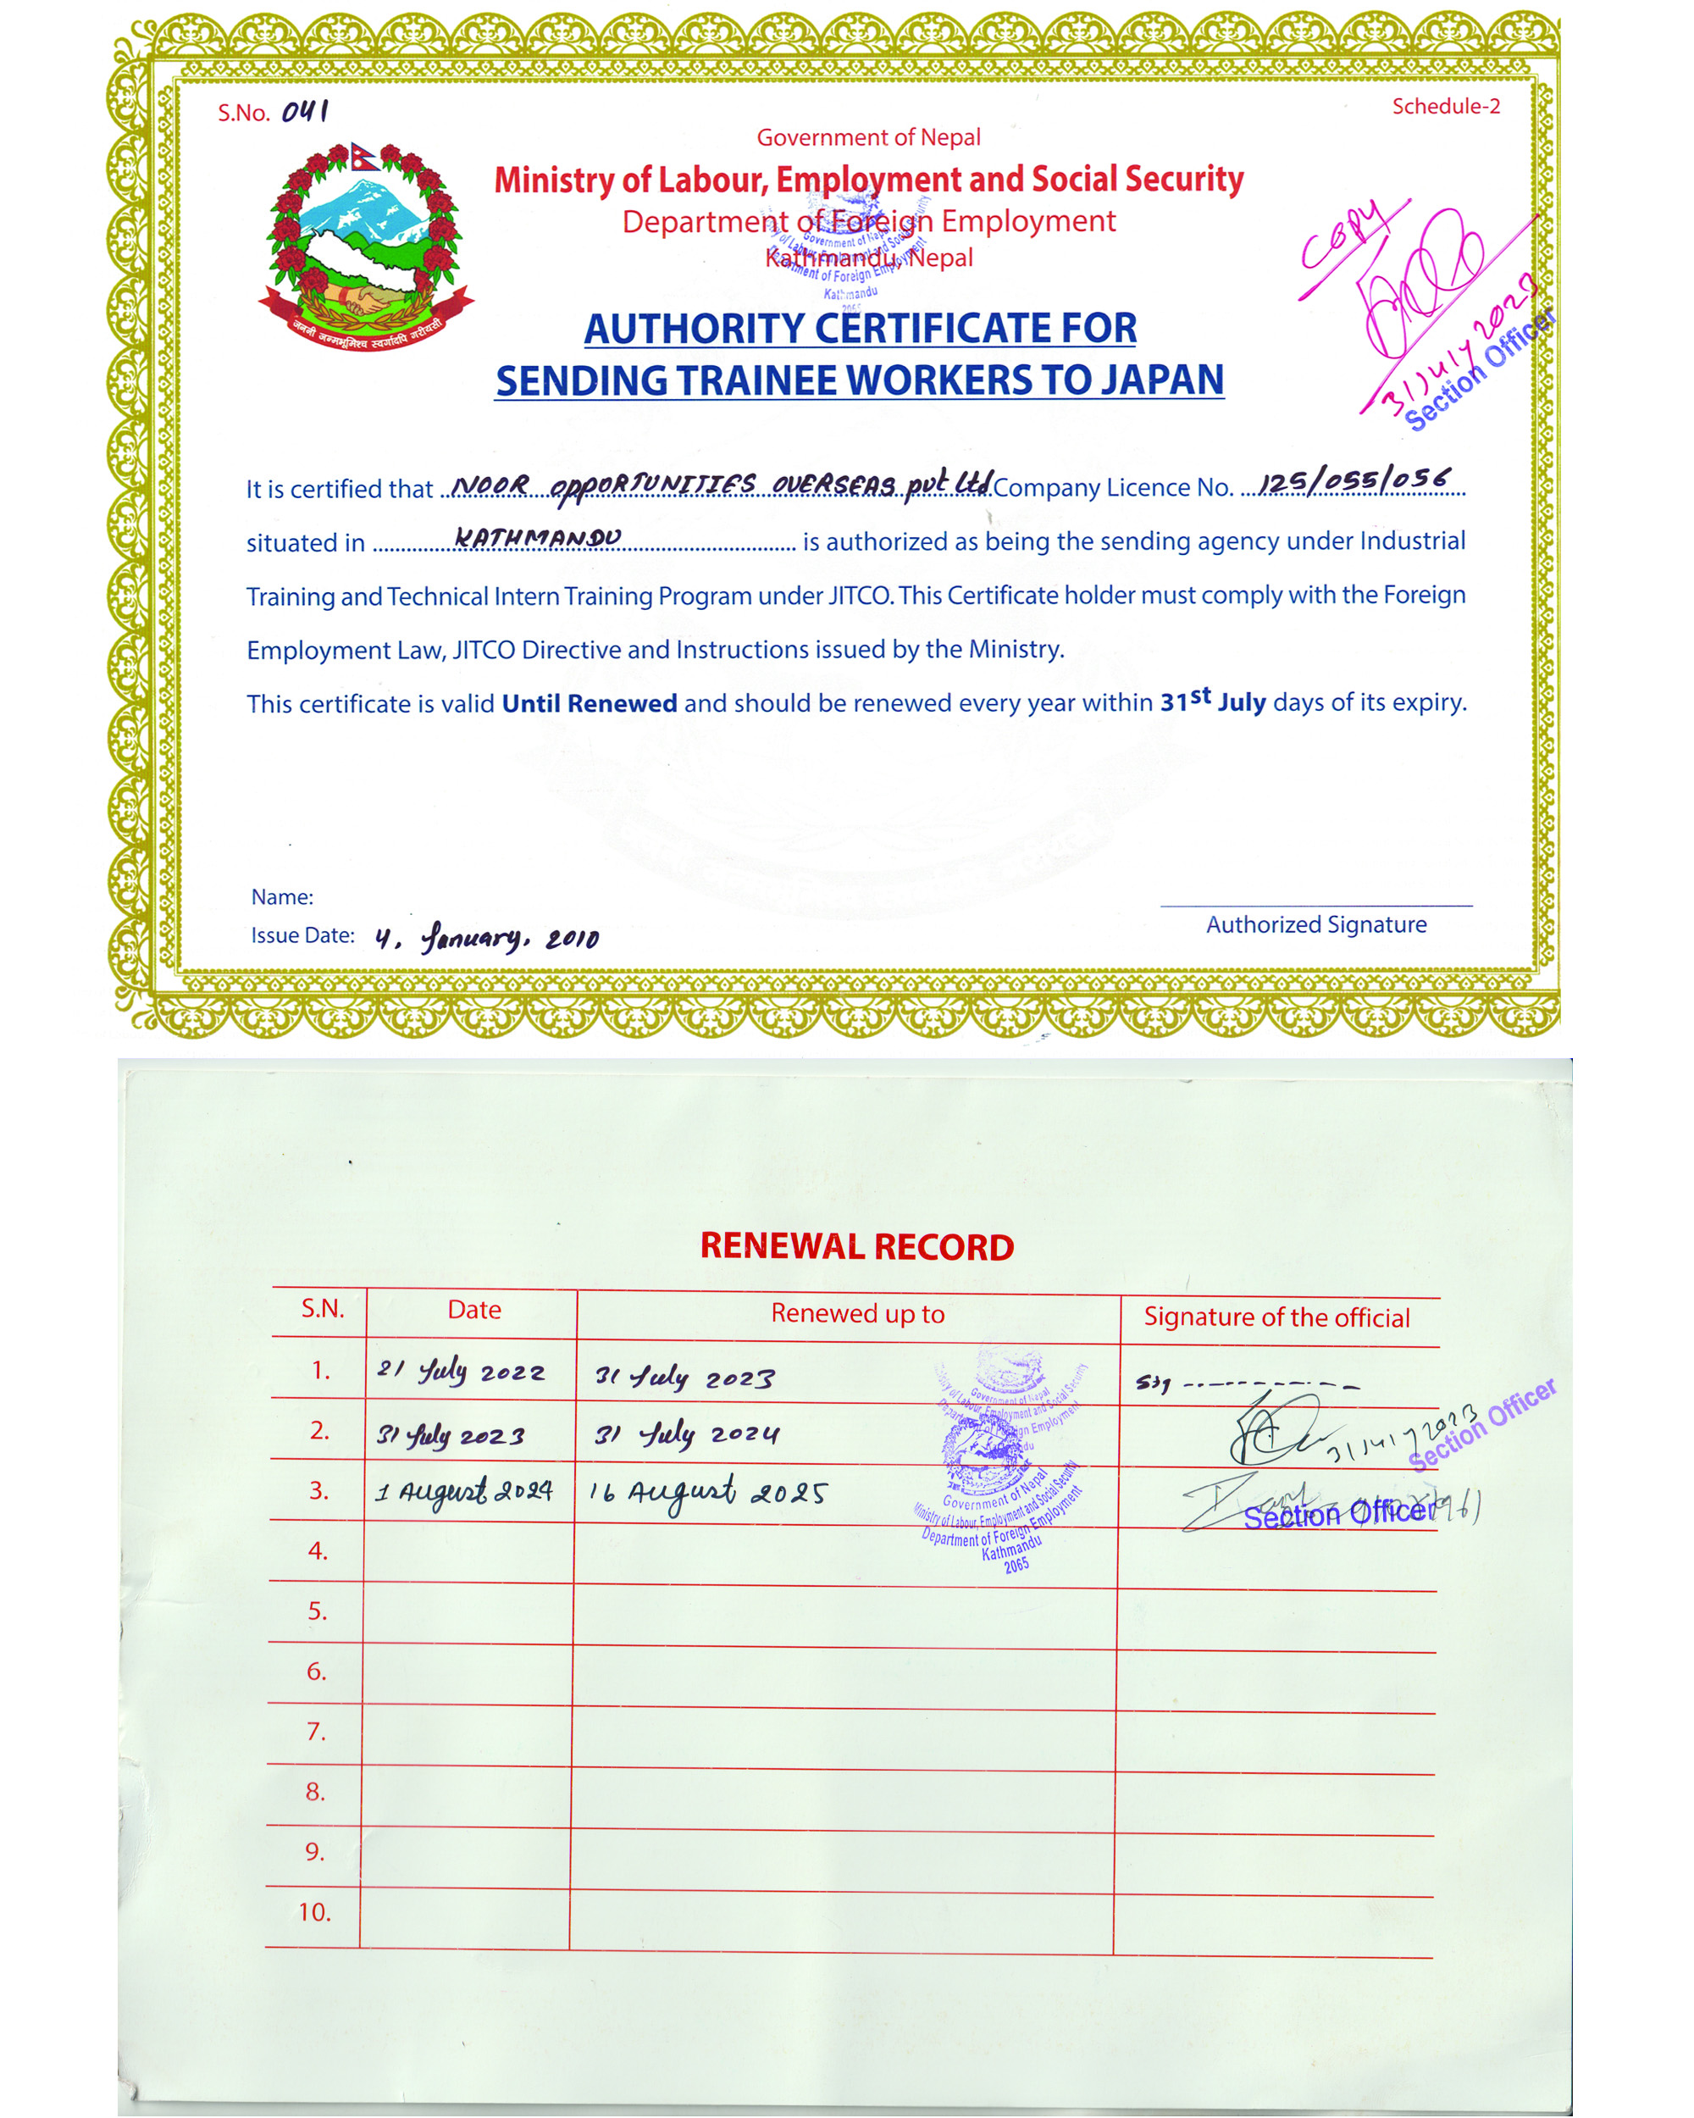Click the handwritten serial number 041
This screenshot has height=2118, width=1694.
pyautogui.click(x=306, y=111)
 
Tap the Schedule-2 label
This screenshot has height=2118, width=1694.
pyautogui.click(x=1446, y=106)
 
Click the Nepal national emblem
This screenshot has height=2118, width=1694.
pyautogui.click(x=365, y=247)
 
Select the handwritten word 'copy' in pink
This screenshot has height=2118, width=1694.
pyautogui.click(x=1343, y=235)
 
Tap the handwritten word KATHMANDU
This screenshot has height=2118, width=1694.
pyautogui.click(x=537, y=537)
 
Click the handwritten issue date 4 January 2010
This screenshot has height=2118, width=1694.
pyautogui.click(x=486, y=937)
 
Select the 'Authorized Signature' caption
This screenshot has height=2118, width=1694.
pyautogui.click(x=1316, y=924)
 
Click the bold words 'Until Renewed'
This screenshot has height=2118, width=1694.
pyautogui.click(x=590, y=703)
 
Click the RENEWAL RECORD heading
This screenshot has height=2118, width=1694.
pyautogui.click(x=856, y=1246)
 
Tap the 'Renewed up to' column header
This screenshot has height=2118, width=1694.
pyautogui.click(x=857, y=1313)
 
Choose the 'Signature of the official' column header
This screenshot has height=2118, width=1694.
pyautogui.click(x=1276, y=1317)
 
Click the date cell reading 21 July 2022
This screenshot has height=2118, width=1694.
pyautogui.click(x=461, y=1371)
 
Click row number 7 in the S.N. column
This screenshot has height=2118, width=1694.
pyautogui.click(x=315, y=1731)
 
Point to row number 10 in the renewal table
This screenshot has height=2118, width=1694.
pyautogui.click(x=314, y=1911)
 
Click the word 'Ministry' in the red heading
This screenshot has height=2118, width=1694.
pyautogui.click(x=554, y=180)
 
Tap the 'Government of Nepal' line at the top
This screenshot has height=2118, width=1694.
pyautogui.click(x=868, y=137)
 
